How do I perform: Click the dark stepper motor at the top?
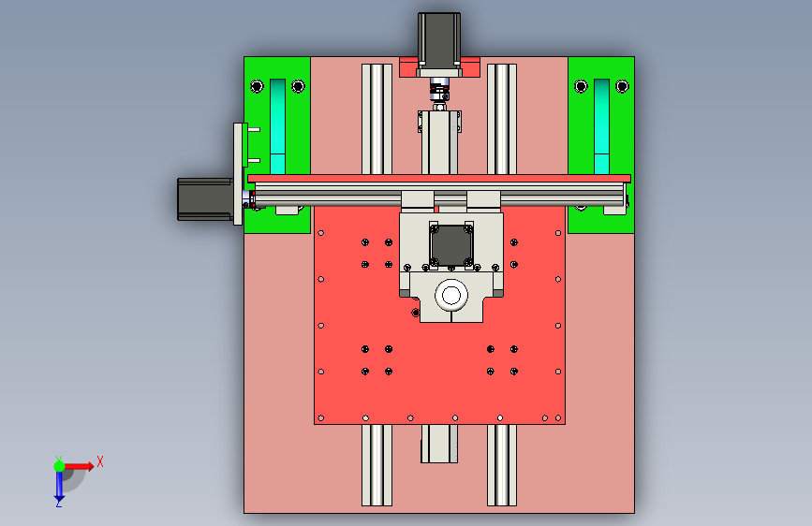[x=439, y=41]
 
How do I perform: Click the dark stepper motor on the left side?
[x=205, y=199]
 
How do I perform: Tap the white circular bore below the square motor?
[x=451, y=296]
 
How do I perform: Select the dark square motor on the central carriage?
[x=451, y=244]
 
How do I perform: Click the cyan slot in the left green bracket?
[x=277, y=126]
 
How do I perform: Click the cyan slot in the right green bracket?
[x=601, y=126]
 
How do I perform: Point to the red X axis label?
[x=100, y=461]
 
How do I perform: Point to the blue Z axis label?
[x=58, y=503]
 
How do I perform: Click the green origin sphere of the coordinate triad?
[x=60, y=466]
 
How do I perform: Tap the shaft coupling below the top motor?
[x=439, y=89]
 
